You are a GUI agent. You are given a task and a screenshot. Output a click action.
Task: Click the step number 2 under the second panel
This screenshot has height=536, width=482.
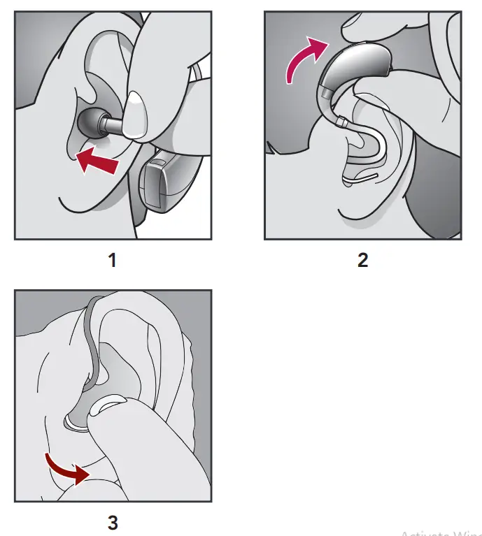[362, 261]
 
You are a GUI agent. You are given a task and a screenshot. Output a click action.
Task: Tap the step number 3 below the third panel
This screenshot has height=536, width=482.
[113, 521]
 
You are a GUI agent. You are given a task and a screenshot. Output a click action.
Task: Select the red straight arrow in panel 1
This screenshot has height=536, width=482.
[97, 158]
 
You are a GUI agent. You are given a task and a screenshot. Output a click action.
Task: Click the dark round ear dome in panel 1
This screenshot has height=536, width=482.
[90, 124]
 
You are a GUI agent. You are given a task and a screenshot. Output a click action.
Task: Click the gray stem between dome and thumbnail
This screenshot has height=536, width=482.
[112, 126]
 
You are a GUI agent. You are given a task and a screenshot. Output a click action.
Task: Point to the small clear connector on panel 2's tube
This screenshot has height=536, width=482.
[341, 122]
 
